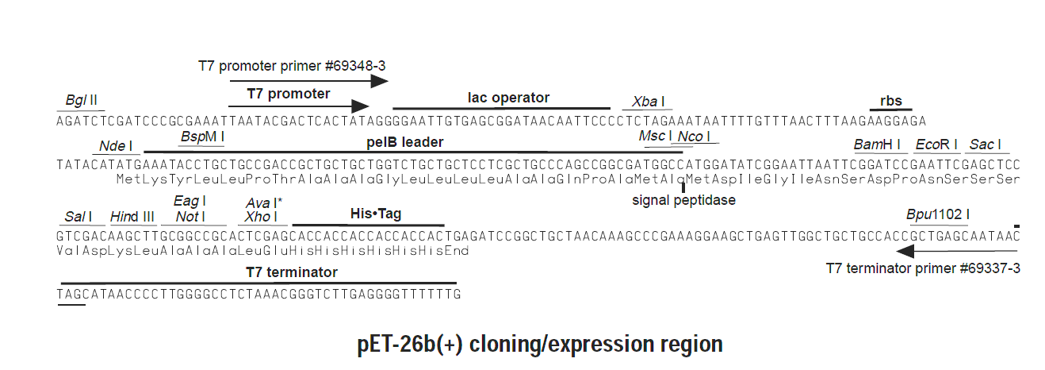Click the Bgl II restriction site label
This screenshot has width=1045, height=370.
pos(81,100)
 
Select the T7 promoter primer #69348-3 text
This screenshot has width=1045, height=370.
pos(292,66)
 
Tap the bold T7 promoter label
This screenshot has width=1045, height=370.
pos(289,94)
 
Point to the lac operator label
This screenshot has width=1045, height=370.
pos(508,97)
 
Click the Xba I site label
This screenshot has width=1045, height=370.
pos(648,102)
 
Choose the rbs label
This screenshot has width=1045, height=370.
pos(891,101)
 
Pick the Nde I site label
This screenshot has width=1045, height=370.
pos(116,146)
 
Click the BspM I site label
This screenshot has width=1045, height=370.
pos(202,137)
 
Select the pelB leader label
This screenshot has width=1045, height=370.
pos(405,142)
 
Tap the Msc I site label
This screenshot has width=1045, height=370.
pos(655,136)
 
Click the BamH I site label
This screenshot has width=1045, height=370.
pos(877,145)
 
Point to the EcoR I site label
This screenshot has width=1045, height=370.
pos(936,145)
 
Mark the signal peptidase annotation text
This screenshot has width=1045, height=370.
pos(684,200)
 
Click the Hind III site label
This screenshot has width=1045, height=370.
pos(132,217)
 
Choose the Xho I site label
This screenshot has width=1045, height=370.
pos(261,217)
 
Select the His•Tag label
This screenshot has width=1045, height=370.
pos(376,214)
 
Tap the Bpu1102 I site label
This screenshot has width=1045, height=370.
pos(938,214)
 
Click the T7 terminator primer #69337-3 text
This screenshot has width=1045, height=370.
pos(923,268)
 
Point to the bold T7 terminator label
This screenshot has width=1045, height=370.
pos(292,272)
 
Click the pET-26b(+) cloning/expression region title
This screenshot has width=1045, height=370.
pos(540,345)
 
